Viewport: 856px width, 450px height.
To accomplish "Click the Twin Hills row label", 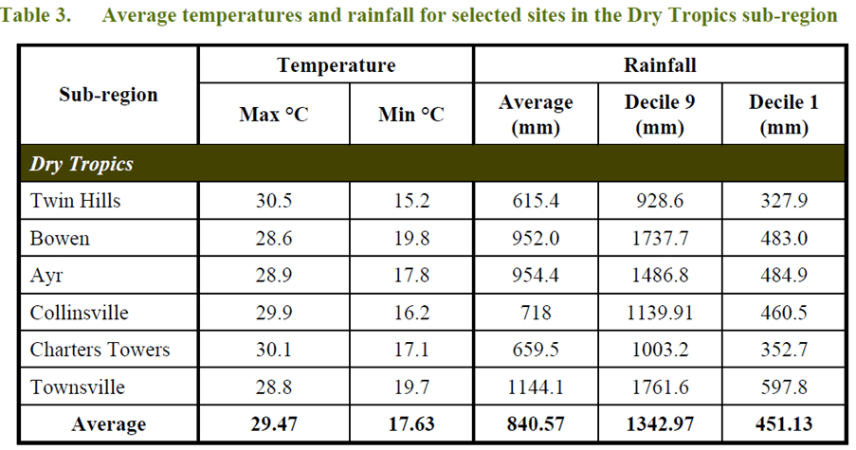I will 76,201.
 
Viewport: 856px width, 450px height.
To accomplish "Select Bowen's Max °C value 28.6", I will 274,239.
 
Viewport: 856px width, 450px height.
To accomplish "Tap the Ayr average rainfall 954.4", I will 536,276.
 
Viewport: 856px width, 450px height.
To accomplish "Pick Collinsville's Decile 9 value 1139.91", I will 660,313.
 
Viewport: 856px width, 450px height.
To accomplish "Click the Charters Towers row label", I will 100,350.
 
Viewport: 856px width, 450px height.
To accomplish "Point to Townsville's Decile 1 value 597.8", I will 783,387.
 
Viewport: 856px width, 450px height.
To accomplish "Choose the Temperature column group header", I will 336,65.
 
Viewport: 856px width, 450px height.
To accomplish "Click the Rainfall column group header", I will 660,65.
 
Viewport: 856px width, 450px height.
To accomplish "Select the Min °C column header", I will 411,115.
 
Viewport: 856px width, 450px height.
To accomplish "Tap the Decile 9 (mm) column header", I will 660,114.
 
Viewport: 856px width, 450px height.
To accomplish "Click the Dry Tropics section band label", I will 82,164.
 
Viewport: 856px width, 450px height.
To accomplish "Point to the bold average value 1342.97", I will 660,424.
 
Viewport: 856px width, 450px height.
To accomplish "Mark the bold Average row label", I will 108,424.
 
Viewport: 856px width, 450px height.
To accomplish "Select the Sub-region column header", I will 108,95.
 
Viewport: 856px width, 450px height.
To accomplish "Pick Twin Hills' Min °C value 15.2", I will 411,201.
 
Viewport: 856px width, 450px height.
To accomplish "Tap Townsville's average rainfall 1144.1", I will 536,387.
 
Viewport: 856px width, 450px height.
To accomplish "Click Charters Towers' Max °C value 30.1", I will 274,350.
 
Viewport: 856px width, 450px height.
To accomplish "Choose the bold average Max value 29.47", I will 274,424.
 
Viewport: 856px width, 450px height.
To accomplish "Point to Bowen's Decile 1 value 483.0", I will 783,239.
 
